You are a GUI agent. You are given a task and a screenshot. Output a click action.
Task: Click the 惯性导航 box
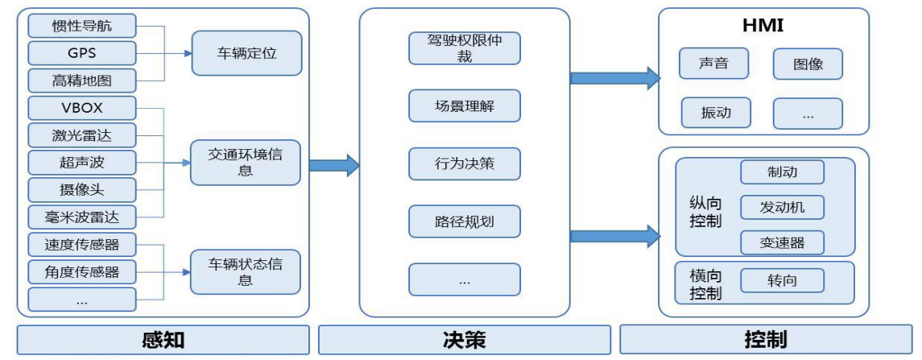[x=81, y=26]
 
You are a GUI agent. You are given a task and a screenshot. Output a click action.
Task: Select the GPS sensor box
[x=81, y=53]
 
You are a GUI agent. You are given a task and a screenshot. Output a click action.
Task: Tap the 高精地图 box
[x=81, y=81]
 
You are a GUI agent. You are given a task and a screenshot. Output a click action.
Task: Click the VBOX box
[x=81, y=108]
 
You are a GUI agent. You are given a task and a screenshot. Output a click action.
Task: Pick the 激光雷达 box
[x=81, y=134]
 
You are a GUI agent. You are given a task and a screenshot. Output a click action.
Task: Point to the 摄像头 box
[x=81, y=190]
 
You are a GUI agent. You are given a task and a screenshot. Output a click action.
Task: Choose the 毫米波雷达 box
[x=81, y=217]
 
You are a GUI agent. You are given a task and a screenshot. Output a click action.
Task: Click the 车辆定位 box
[x=246, y=53]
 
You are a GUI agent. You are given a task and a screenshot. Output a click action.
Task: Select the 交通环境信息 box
[x=246, y=162]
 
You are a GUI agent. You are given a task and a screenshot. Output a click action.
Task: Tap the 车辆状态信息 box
[x=246, y=271]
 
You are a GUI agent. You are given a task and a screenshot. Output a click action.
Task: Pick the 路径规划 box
[x=464, y=221]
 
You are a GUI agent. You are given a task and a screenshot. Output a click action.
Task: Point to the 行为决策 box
[x=464, y=163]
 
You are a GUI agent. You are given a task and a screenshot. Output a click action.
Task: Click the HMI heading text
[x=763, y=26]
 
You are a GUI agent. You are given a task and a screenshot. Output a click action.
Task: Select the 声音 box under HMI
[x=713, y=64]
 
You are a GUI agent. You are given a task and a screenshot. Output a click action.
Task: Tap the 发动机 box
[x=782, y=207]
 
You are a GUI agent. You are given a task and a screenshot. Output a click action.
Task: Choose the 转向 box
[x=782, y=280]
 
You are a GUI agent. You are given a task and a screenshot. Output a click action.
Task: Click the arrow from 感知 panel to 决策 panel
[x=333, y=165]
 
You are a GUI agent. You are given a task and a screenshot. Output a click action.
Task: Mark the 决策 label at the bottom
[x=464, y=340]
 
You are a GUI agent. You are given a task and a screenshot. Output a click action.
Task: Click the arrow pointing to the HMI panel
[x=614, y=78]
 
